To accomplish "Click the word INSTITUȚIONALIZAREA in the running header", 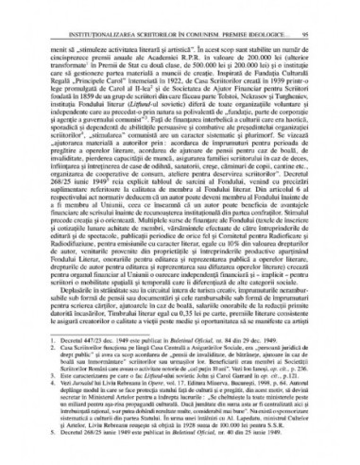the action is pyautogui.click(x=95, y=16).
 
